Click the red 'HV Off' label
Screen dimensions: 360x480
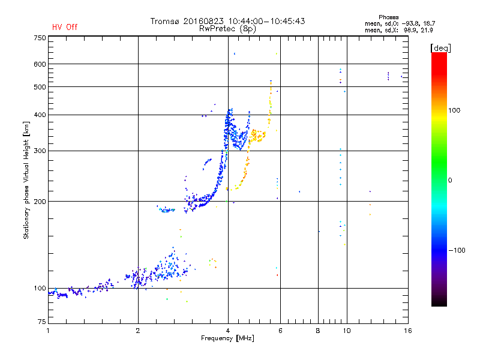click(65, 27)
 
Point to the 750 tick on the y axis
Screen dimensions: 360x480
click(40, 38)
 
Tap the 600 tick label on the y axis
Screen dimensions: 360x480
click(40, 64)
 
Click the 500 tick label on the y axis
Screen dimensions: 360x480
click(40, 87)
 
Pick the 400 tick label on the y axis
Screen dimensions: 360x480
click(40, 115)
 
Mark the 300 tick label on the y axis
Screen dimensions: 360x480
click(40, 151)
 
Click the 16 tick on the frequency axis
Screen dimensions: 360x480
click(407, 331)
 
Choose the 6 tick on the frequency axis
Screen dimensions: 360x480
click(280, 331)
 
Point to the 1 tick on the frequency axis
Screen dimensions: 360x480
click(48, 331)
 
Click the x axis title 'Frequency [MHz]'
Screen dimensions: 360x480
click(227, 338)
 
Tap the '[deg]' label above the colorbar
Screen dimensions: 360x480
click(440, 47)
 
